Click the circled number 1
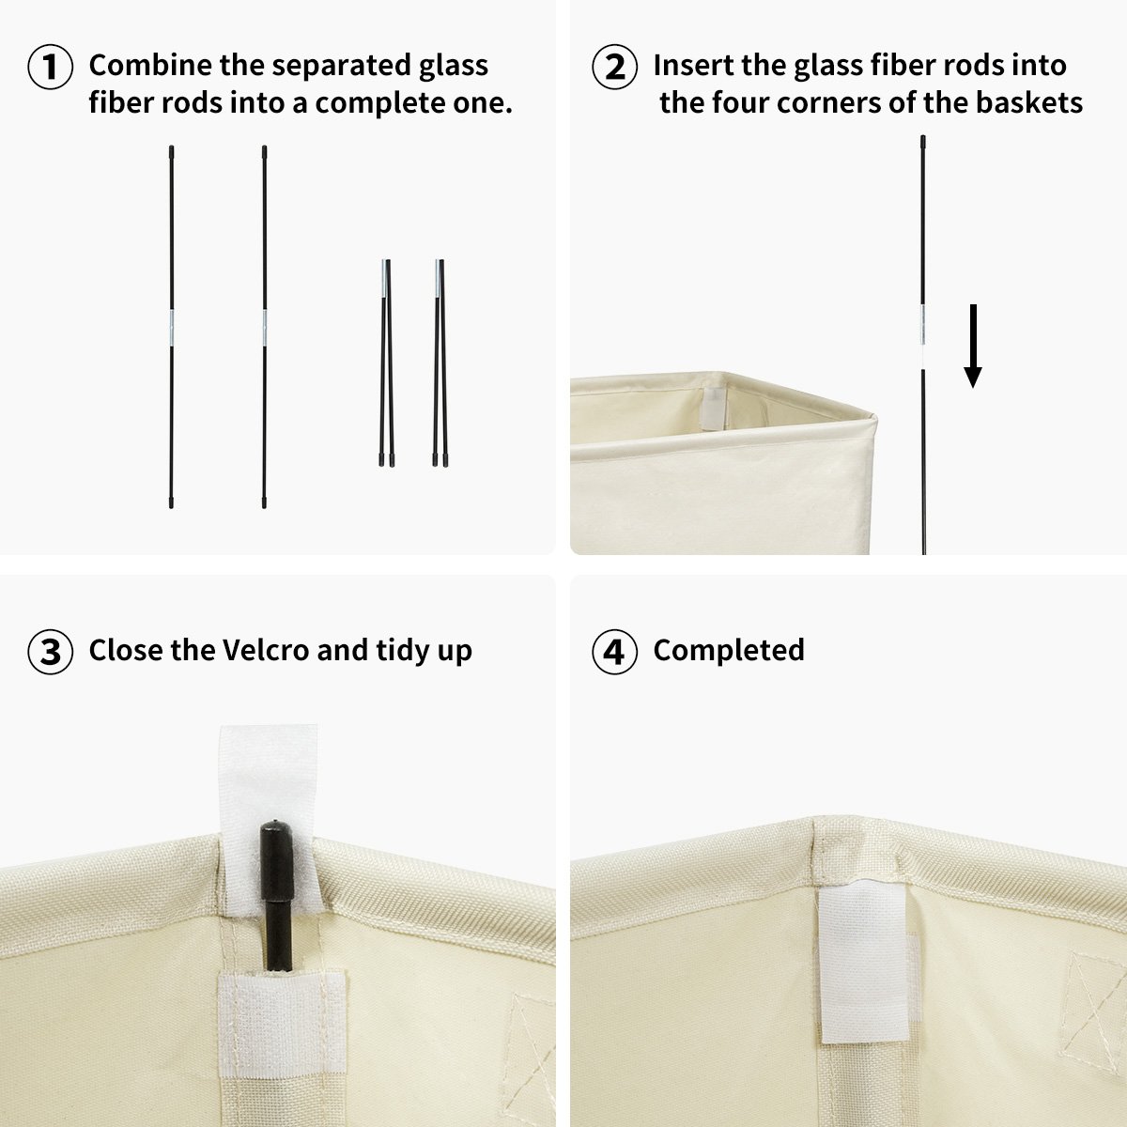click(51, 67)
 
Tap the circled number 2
click(615, 67)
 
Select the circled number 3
click(51, 652)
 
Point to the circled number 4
click(615, 652)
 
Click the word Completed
click(729, 650)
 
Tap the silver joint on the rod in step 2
click(923, 325)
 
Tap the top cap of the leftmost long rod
click(172, 150)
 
